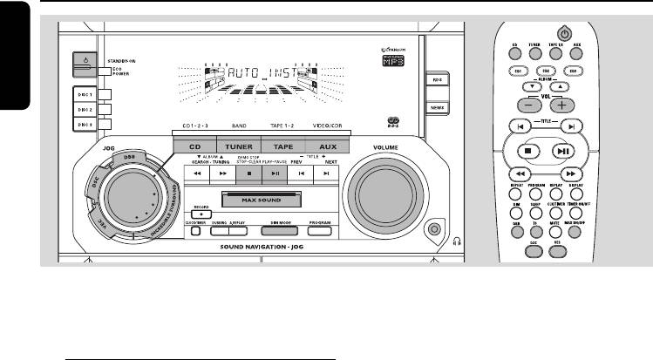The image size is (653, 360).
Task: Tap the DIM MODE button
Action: tap(281, 231)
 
